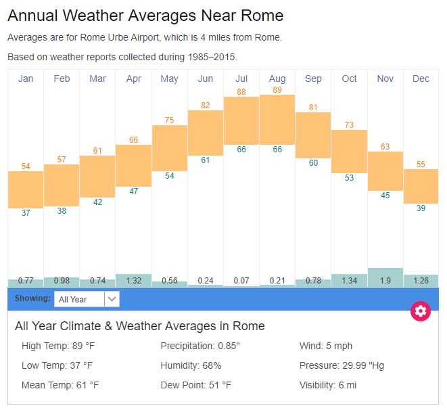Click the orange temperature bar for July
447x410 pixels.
(241, 120)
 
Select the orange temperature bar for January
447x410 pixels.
(26, 189)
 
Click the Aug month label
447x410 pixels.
(277, 79)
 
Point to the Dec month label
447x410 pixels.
(421, 79)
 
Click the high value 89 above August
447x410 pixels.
(277, 89)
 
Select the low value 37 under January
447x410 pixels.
(26, 213)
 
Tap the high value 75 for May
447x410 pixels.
(169, 120)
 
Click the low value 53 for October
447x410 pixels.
(349, 178)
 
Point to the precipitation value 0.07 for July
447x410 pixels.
(241, 281)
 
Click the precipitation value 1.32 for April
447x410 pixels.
(133, 281)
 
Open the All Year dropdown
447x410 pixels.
(87, 299)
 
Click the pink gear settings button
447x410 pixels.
(421, 311)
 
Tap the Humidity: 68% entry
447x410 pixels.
(191, 365)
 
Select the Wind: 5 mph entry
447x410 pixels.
(327, 346)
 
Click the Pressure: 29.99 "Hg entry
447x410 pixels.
(342, 365)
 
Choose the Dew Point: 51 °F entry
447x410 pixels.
(196, 385)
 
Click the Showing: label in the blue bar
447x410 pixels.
(33, 298)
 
